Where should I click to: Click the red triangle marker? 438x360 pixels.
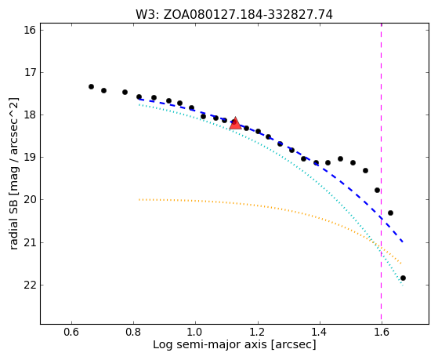(236, 124)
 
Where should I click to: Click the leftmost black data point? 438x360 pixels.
(91, 87)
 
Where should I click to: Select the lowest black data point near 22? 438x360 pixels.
(403, 278)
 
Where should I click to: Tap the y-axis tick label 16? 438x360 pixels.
(30, 30)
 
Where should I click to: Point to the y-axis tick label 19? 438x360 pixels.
(30, 158)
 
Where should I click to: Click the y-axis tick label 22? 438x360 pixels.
(30, 285)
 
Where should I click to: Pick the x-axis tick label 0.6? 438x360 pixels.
(71, 332)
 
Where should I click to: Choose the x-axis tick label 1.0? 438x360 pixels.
(195, 332)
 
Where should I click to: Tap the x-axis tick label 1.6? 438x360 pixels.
(382, 332)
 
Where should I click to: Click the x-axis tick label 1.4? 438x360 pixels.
(319, 332)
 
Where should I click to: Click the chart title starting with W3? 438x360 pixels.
(234, 15)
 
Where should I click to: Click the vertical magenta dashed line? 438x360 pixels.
(382, 173)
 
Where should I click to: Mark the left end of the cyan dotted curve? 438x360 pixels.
(139, 104)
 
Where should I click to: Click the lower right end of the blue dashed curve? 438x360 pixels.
(403, 242)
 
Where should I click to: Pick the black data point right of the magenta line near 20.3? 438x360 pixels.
(390, 213)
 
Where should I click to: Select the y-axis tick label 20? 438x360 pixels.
(30, 200)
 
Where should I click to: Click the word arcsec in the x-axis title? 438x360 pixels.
(294, 345)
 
